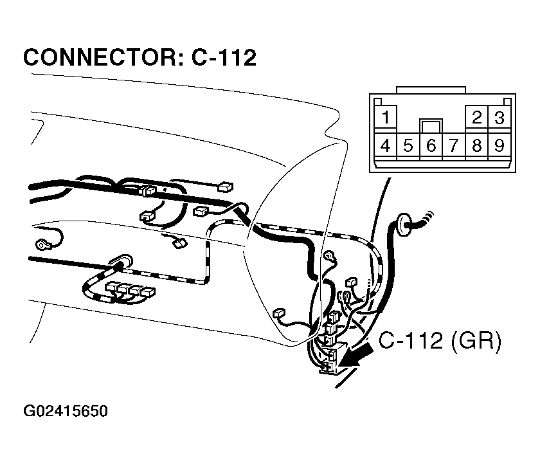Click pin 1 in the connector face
pyautogui.click(x=385, y=117)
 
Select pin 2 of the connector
pyautogui.click(x=476, y=117)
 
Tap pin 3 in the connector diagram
pyautogui.click(x=500, y=117)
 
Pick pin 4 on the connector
pyautogui.click(x=385, y=146)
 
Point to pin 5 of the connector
pyautogui.click(x=408, y=146)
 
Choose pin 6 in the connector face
pyautogui.click(x=431, y=146)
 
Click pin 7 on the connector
pyautogui.click(x=454, y=146)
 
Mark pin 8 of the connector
pyautogui.click(x=476, y=146)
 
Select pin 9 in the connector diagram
pyautogui.click(x=500, y=146)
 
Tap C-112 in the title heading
pyautogui.click(x=224, y=57)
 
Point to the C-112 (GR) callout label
pyautogui.click(x=440, y=341)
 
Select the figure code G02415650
pyautogui.click(x=66, y=411)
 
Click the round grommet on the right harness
pyautogui.click(x=404, y=224)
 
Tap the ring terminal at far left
pyautogui.click(x=42, y=245)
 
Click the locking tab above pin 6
pyautogui.click(x=431, y=126)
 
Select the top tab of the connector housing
pyautogui.click(x=431, y=90)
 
